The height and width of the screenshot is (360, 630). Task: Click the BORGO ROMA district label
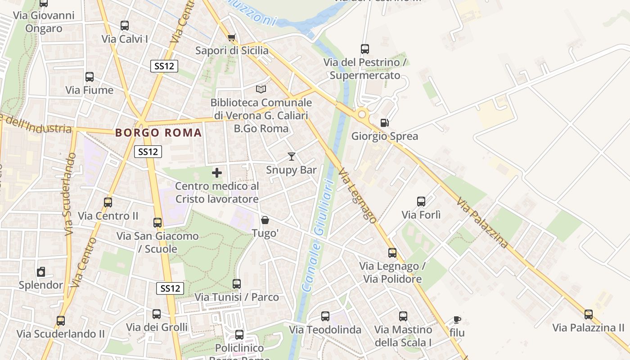point(158,133)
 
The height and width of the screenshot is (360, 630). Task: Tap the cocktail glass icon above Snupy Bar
point(292,157)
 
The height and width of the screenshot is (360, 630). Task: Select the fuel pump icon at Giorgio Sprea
point(384,122)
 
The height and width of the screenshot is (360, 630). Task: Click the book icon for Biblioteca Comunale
point(261,89)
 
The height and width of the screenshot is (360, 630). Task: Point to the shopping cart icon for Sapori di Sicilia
point(231,37)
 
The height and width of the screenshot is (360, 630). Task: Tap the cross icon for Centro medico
point(217,173)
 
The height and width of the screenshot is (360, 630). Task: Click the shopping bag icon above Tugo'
point(265,220)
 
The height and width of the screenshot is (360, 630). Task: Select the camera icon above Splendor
point(41,272)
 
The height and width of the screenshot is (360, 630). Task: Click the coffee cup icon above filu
point(457,320)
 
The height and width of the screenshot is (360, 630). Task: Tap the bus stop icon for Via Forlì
point(421,202)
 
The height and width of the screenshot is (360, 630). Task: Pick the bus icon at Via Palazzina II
point(588,315)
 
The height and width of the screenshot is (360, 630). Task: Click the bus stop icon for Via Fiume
point(90,77)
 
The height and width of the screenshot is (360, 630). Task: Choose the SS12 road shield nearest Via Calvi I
point(164,66)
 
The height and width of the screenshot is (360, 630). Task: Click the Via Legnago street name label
point(357,196)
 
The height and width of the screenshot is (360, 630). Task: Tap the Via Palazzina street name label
point(482,223)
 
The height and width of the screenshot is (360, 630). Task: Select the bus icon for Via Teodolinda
point(325,316)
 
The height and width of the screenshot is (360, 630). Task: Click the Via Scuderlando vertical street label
point(70,193)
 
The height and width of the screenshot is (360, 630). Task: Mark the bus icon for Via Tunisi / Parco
point(237,284)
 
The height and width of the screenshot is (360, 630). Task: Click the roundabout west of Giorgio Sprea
point(362,115)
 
